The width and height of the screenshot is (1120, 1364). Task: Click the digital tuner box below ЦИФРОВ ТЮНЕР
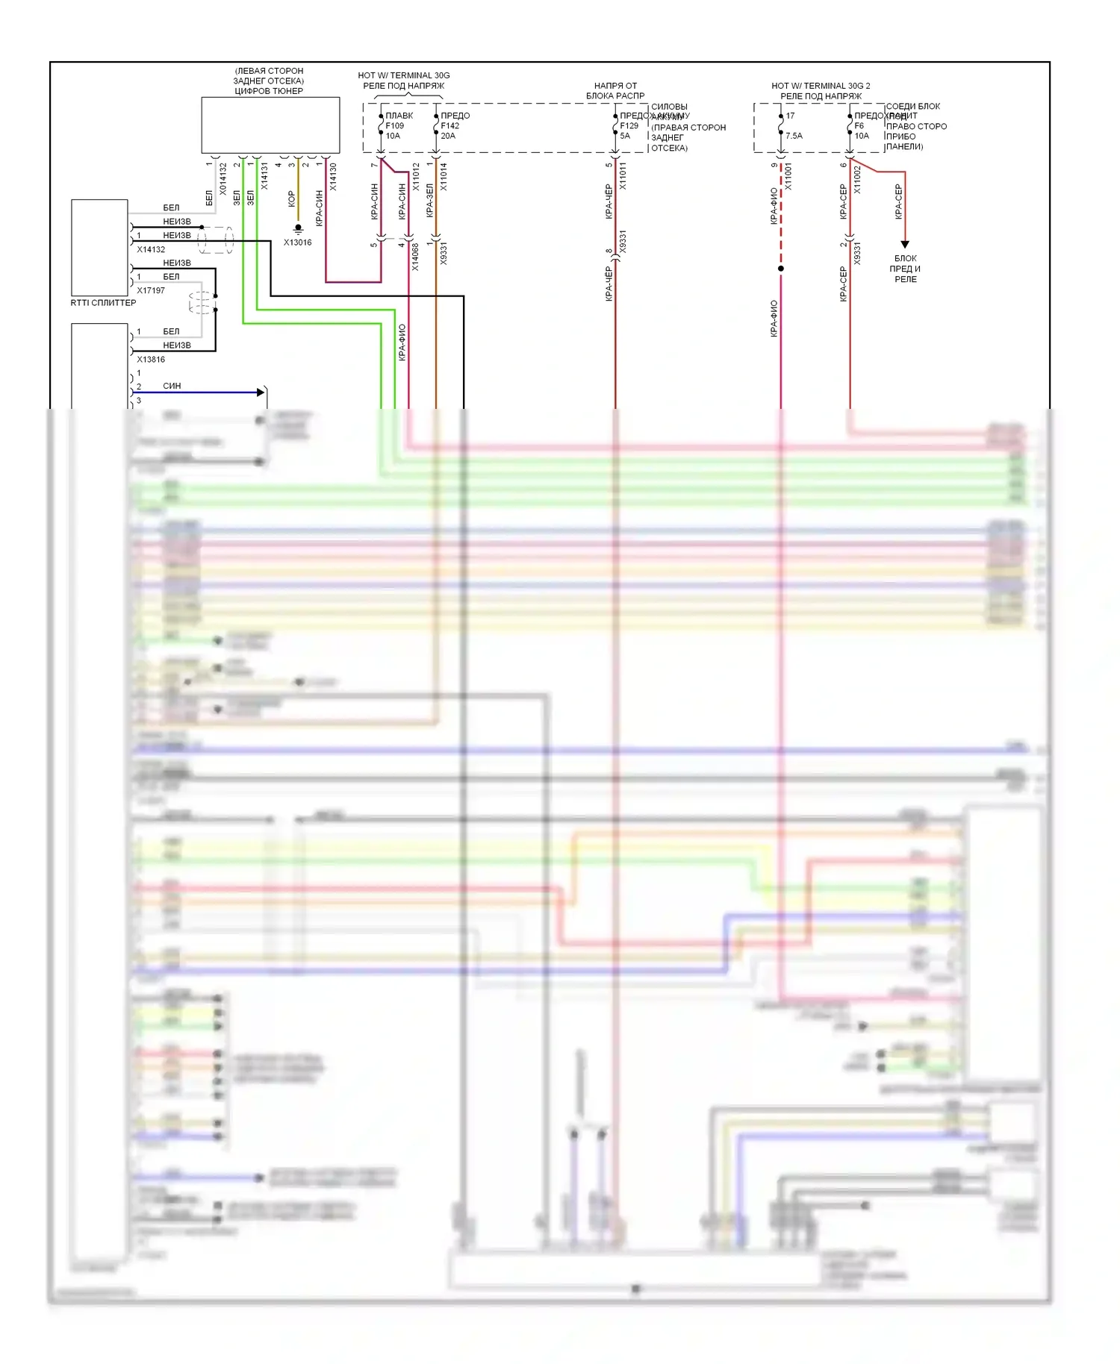point(270,125)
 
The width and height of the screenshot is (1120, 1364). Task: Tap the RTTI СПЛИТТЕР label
point(103,303)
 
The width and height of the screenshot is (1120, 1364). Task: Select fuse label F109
point(394,126)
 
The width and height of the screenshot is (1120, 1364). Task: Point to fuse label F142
point(449,126)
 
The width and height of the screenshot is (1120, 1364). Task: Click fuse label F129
point(629,126)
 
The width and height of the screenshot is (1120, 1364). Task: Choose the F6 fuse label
point(859,126)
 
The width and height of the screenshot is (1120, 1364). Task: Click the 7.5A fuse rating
point(794,136)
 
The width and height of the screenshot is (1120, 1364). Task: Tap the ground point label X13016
point(297,243)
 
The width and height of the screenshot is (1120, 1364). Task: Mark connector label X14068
point(415,257)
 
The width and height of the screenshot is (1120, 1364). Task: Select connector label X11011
point(623,176)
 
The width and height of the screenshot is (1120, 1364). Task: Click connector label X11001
point(788,177)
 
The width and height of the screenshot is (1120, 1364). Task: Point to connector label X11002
point(857,180)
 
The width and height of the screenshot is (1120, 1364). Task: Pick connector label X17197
point(151,290)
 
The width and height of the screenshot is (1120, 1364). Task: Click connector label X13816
point(151,360)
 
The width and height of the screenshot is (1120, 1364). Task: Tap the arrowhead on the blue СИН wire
point(261,392)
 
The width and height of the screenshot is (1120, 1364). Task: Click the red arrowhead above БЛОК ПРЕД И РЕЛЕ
point(905,244)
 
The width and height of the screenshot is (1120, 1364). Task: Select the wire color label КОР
point(291,198)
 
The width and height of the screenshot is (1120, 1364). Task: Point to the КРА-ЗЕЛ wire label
point(429,200)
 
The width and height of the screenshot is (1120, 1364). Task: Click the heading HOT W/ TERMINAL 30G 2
point(821,86)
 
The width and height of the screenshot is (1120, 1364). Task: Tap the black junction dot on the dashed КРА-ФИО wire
point(781,269)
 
